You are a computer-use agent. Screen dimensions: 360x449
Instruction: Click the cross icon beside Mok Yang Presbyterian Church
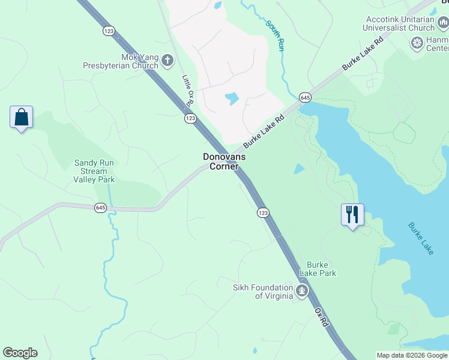(167, 61)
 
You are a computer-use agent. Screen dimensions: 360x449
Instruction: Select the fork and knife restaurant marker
(352, 215)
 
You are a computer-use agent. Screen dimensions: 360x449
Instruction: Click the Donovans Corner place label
(224, 161)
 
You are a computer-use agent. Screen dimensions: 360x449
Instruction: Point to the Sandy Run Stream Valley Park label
(94, 171)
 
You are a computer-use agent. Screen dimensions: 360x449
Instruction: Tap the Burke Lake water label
(421, 238)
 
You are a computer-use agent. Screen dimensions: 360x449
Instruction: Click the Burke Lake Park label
(321, 269)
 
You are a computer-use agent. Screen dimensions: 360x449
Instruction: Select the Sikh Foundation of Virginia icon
(302, 292)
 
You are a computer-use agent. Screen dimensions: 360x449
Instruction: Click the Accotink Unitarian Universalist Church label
(399, 23)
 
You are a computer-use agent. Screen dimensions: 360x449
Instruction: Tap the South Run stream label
(274, 35)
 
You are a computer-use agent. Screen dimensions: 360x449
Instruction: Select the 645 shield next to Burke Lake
(305, 97)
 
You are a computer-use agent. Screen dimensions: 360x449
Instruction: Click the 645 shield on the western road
(101, 208)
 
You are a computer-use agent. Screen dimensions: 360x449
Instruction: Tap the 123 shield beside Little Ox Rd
(190, 119)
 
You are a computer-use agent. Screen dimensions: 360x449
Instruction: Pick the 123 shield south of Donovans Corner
(263, 213)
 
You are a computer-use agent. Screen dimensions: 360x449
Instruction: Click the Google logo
(20, 353)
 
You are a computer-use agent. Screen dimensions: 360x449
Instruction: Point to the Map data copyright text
(412, 355)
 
